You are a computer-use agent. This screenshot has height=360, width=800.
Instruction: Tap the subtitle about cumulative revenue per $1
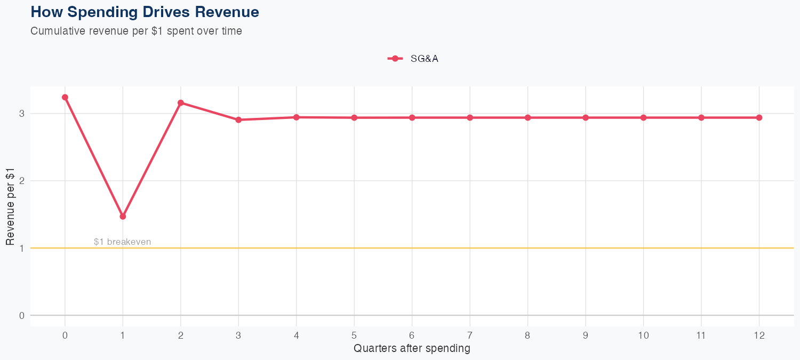coord(137,31)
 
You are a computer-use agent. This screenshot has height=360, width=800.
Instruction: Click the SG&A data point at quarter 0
coord(65,98)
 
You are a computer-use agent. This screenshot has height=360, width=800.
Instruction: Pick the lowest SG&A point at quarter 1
coord(123,217)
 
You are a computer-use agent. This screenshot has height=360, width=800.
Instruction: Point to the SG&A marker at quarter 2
coord(181,102)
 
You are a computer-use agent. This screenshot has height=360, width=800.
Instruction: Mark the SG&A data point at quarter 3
coord(238,120)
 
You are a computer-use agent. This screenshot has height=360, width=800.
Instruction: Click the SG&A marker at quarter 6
coord(412,117)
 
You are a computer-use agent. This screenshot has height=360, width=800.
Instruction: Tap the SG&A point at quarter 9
coord(586,117)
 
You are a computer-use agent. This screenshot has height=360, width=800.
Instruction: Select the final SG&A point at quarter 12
coord(759,117)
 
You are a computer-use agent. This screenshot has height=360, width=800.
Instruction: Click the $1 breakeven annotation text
coord(122,242)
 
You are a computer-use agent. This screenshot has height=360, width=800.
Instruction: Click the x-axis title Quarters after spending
coord(412,349)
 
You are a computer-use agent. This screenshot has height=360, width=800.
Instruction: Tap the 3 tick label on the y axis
coord(22,113)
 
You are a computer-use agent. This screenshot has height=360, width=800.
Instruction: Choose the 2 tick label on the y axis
coord(22,181)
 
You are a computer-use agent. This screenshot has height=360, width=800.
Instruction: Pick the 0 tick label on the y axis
coord(22,315)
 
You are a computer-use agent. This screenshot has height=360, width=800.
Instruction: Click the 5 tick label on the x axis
coord(354,335)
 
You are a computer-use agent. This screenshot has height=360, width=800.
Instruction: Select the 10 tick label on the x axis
coord(643,335)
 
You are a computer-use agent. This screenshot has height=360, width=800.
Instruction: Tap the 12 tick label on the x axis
coord(759,335)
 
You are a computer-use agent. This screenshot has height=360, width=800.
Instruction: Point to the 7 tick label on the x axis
coord(470,335)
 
